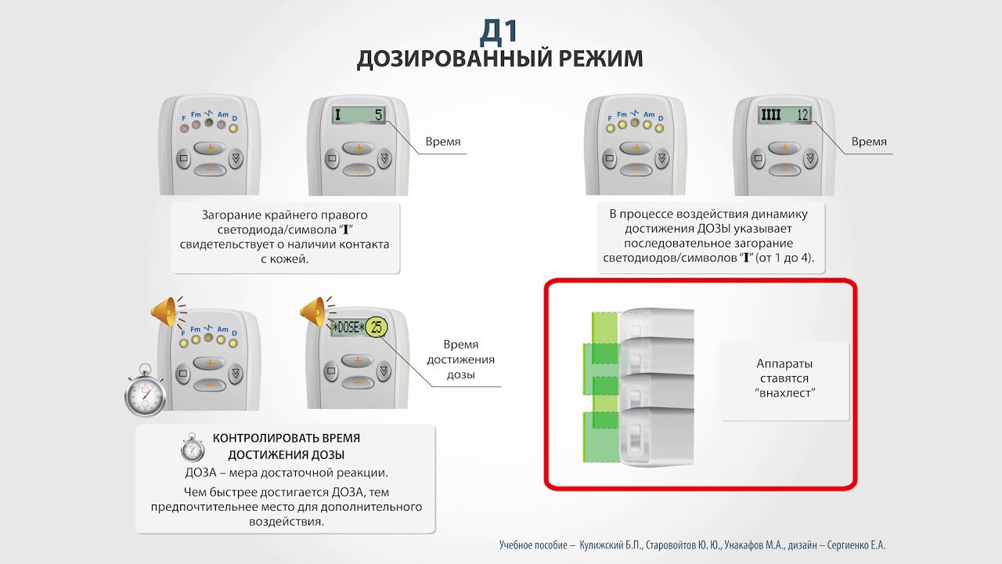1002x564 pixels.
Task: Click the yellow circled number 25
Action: click(377, 327)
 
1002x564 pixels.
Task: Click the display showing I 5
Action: click(358, 115)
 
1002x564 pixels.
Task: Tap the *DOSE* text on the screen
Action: click(348, 327)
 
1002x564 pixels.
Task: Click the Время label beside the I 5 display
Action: click(442, 142)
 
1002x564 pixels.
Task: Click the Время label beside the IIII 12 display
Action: click(869, 142)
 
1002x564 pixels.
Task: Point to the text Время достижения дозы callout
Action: click(461, 360)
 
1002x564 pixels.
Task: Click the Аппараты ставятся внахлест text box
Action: click(785, 378)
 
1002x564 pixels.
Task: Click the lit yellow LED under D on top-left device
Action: click(233, 128)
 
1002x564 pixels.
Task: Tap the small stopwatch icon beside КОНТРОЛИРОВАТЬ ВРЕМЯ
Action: click(193, 447)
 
